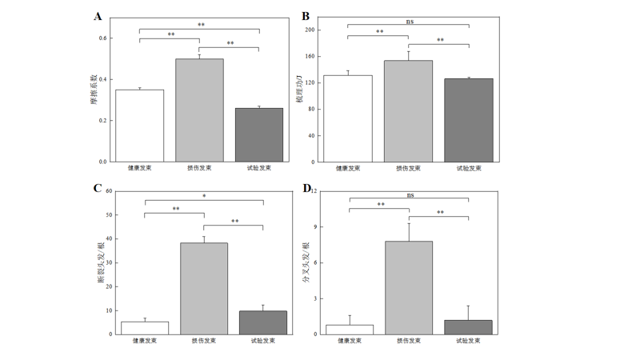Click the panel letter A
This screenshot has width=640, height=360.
(98, 16)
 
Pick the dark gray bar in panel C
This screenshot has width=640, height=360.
(263, 322)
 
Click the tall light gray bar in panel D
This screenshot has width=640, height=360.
(409, 287)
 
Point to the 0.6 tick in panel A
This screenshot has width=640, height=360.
(102, 38)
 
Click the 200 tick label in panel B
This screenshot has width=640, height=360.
(310, 30)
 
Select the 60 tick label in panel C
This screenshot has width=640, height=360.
(107, 191)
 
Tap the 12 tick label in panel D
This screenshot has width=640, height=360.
(314, 191)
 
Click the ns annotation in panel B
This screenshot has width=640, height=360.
(410, 21)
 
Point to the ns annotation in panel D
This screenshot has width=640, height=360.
(410, 194)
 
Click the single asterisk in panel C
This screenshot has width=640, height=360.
(204, 197)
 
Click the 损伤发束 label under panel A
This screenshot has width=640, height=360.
(199, 168)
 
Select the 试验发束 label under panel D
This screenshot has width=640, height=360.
(468, 341)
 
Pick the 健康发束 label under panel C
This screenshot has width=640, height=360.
(145, 341)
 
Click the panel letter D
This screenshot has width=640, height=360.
(306, 189)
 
